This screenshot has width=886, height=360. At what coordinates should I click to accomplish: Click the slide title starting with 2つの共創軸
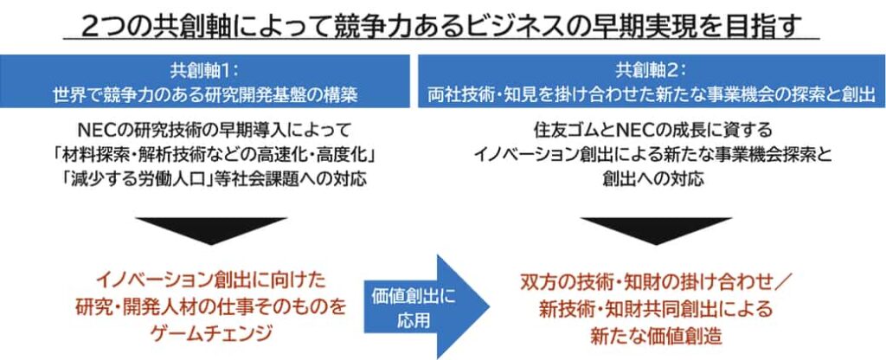441,25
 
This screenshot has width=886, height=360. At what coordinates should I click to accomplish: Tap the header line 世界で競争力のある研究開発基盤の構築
206,94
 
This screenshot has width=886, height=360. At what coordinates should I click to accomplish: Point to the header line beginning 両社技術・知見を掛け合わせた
652,94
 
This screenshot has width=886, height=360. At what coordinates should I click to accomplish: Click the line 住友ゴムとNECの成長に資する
652,132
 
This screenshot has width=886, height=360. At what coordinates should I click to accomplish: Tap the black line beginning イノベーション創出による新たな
652,155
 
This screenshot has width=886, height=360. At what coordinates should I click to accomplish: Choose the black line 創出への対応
652,179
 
